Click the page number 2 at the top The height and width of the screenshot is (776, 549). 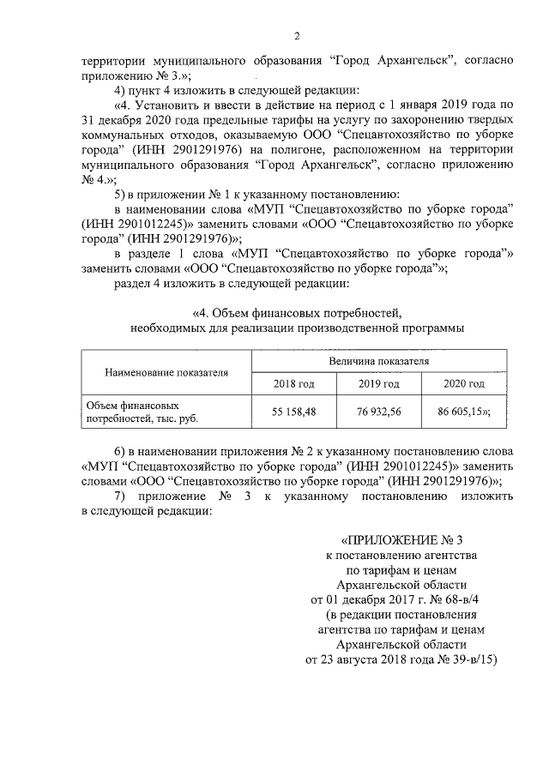click(296, 36)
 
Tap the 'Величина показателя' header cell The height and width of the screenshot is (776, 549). click(378, 363)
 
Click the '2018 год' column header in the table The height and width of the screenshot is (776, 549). click(294, 383)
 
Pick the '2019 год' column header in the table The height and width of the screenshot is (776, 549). click(378, 383)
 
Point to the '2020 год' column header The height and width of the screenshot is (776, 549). click(463, 383)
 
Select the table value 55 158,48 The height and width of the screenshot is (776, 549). click(294, 411)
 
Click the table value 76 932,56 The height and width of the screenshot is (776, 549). click(378, 411)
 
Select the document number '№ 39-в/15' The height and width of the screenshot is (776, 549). click(459, 659)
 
